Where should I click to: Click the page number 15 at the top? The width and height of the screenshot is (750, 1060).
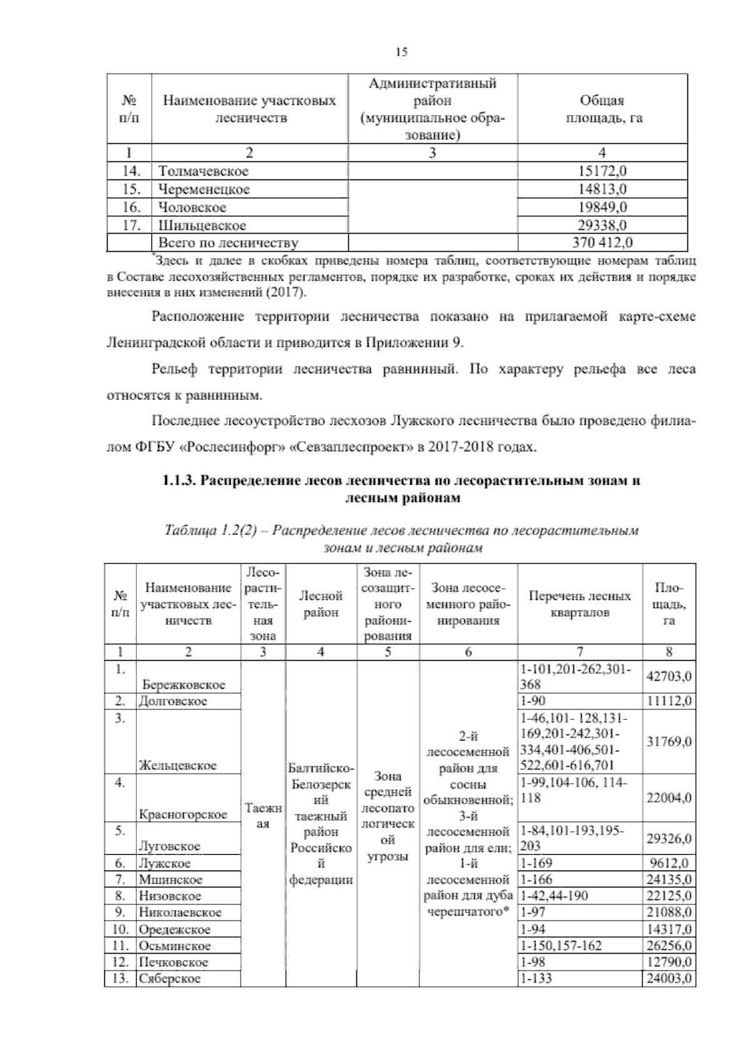coord(401,52)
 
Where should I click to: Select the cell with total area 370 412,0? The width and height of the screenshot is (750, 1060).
coord(603,242)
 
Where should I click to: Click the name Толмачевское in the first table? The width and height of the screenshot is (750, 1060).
coord(203,171)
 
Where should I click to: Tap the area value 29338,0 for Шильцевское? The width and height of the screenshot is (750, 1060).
coord(603,225)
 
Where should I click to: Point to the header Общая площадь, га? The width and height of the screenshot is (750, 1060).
coord(603,109)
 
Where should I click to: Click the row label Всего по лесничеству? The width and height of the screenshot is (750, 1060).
coord(228,242)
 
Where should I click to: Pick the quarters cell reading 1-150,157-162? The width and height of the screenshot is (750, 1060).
coord(561,946)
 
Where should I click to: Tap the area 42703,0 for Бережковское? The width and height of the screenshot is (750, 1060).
coord(669,676)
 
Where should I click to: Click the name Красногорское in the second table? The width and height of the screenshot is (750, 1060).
coord(182,814)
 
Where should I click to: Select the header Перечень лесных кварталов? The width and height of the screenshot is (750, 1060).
coord(579,604)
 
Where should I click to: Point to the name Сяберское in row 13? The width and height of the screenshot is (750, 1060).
coord(170,978)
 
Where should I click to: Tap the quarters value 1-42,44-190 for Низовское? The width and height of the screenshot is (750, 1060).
coord(554,896)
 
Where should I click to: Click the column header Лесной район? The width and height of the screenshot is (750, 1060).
coord(321,604)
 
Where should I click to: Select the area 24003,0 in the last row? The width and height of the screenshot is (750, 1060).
coord(669,978)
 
